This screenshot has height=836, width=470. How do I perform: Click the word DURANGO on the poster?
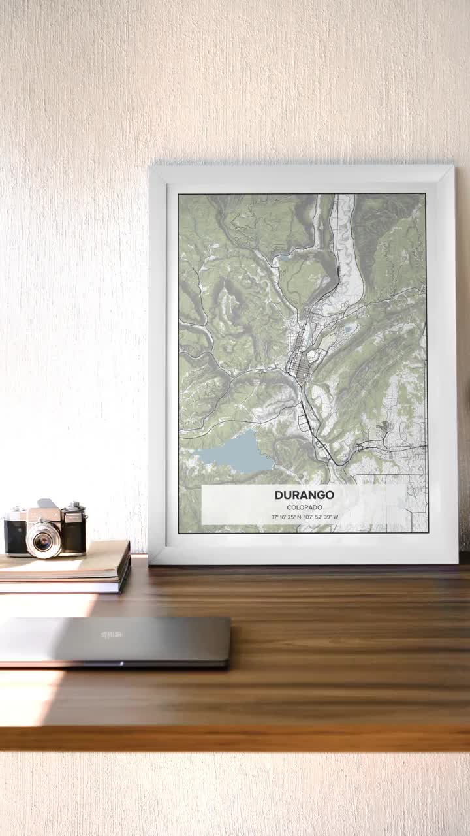pyautogui.click(x=304, y=495)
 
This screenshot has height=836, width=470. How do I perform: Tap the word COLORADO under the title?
pyautogui.click(x=304, y=507)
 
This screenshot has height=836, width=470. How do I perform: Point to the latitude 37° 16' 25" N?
pyautogui.click(x=286, y=517)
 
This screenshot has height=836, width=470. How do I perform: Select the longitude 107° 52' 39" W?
pyautogui.click(x=321, y=517)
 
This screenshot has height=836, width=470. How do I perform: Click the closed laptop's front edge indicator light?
pyautogui.click(x=121, y=664)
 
